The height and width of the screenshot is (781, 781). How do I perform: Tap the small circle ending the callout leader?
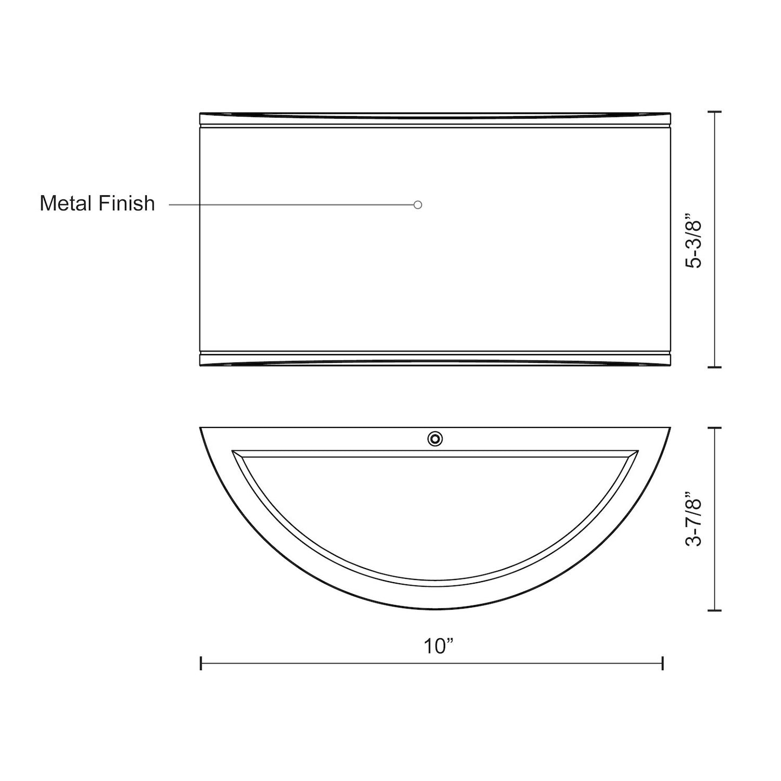(x=417, y=205)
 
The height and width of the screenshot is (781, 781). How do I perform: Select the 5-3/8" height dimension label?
(x=693, y=244)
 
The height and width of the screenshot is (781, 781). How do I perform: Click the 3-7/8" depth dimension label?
(x=693, y=519)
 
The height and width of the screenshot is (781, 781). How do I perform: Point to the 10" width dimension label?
(x=438, y=646)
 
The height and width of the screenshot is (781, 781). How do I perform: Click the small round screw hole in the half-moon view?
(x=435, y=439)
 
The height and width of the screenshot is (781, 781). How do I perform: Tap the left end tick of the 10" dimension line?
(x=201, y=663)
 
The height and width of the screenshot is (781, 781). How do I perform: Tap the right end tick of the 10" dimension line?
(x=663, y=663)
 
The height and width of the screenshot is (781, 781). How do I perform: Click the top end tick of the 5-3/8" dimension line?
(x=715, y=112)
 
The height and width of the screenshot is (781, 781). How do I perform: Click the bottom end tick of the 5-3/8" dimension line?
(x=715, y=368)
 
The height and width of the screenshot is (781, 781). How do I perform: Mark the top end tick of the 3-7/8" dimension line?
(x=715, y=428)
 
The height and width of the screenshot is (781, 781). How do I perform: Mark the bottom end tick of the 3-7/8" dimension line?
(x=715, y=610)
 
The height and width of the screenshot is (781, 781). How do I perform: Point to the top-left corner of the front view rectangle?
(x=201, y=114)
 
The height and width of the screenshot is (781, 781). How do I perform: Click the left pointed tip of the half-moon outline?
(x=201, y=428)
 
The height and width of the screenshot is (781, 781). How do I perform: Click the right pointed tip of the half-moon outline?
(x=670, y=428)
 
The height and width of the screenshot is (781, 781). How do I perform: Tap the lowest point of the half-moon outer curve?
(x=435, y=610)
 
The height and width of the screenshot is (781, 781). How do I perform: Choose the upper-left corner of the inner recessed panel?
(x=232, y=450)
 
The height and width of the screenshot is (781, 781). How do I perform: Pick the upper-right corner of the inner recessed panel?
(x=638, y=450)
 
